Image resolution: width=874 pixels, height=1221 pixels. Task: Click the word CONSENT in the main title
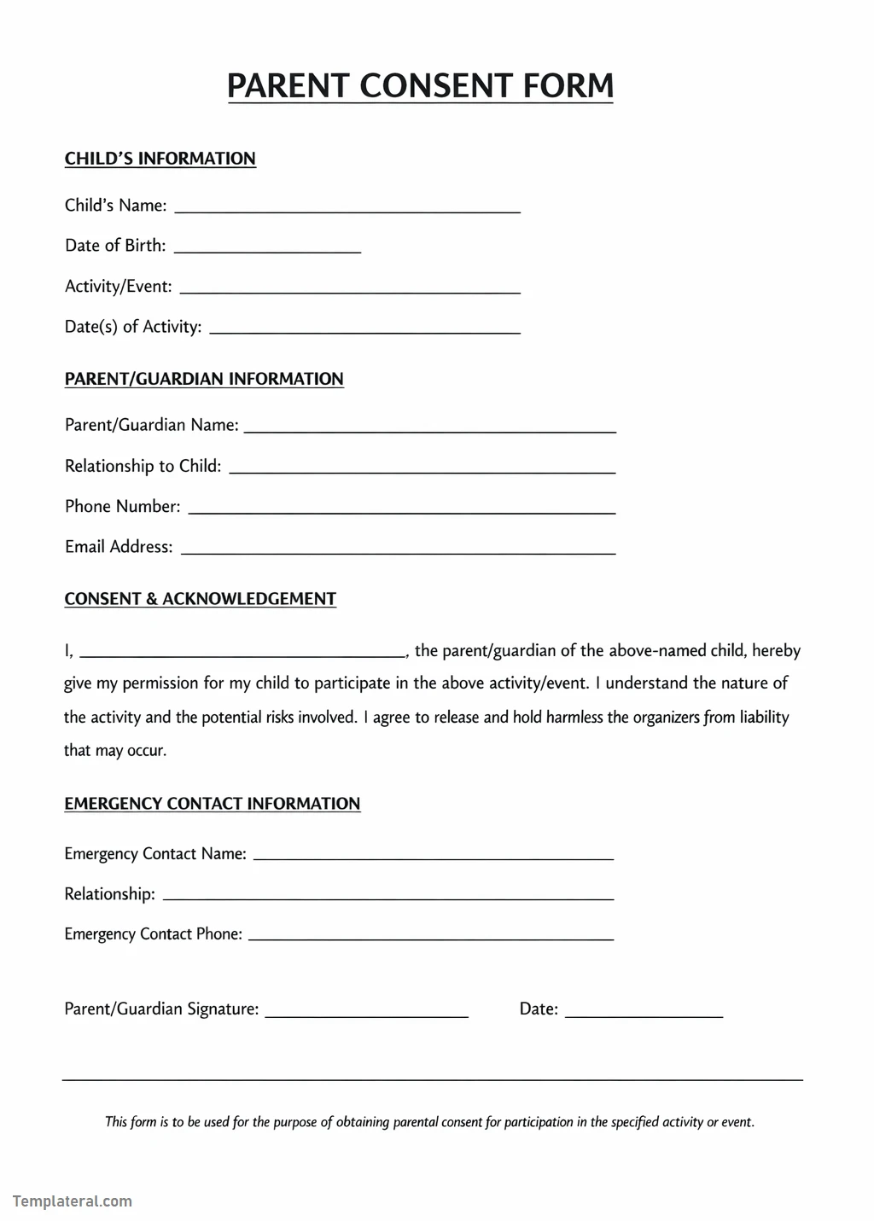(x=436, y=86)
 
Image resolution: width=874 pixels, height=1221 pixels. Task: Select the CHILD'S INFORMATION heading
(x=160, y=159)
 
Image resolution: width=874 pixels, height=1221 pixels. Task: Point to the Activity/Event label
(x=118, y=287)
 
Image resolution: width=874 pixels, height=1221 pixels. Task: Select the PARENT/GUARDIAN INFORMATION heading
(x=204, y=379)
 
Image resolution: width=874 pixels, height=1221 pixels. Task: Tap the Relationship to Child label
(x=143, y=466)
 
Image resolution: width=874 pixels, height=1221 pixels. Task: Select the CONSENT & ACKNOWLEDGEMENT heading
(x=200, y=599)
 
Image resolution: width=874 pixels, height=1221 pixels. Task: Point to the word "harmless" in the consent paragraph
(x=574, y=718)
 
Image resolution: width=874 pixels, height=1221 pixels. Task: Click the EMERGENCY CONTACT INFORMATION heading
(x=212, y=804)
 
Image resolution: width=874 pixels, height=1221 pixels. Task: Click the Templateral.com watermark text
(x=73, y=1201)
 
